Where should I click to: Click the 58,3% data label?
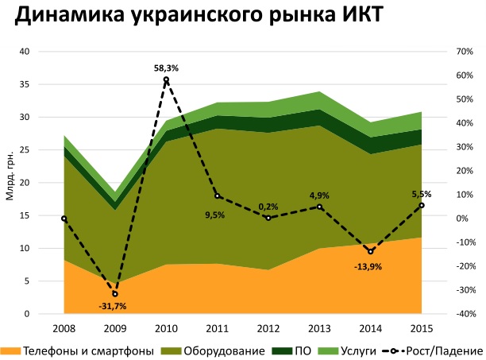pos(166,68)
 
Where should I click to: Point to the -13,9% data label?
pos(368,266)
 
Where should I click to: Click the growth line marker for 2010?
pos(166,79)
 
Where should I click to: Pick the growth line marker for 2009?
pos(115,294)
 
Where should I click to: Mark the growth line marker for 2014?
pos(370,251)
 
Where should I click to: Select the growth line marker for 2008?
pos(64,218)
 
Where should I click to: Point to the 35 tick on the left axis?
pos(46,84)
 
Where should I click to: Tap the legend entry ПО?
pos(294,350)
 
